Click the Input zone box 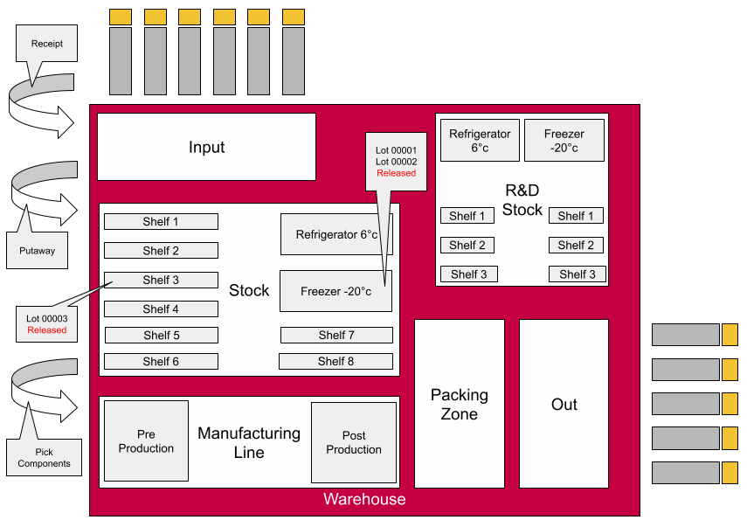coord(206,147)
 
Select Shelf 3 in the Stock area coord(161,280)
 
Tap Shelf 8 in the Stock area coord(335,361)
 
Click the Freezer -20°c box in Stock coord(335,291)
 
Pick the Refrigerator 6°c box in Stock coord(335,234)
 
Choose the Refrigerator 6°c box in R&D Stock coord(480,140)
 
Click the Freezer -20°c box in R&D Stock coord(564,140)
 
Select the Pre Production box coord(146,441)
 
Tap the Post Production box coord(353,442)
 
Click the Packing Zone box coord(459,404)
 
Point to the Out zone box coord(564,404)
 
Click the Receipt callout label coord(46,44)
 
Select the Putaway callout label coord(37,251)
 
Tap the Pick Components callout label coord(44,457)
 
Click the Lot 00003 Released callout coord(46,324)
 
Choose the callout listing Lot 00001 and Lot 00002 coord(396,161)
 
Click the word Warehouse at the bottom coord(364,500)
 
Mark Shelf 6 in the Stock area coord(161,361)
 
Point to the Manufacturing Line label coord(249,442)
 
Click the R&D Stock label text coord(522,199)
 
